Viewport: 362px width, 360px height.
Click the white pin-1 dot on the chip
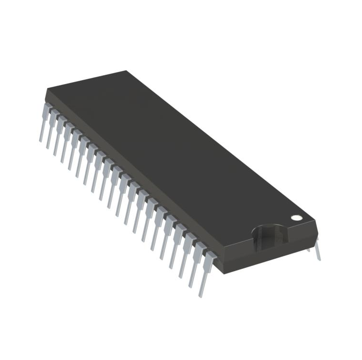[x=297, y=217]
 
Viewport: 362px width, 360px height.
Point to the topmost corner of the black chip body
[x=127, y=71]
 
